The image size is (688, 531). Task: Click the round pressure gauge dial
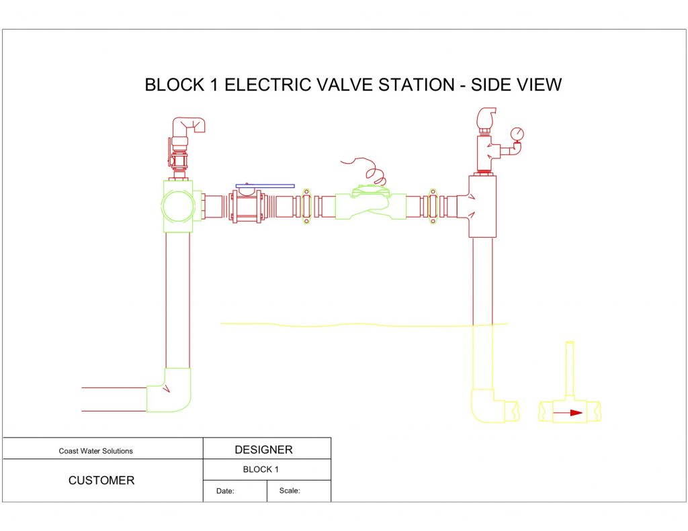[517, 134]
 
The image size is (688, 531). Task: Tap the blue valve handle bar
[265, 186]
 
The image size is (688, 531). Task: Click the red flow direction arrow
[567, 413]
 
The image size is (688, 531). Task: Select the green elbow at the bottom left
[169, 390]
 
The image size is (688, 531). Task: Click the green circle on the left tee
[177, 205]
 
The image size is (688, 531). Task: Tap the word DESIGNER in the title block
[263, 450]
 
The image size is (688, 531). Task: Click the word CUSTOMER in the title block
[101, 480]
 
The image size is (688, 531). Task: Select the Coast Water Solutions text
[95, 450]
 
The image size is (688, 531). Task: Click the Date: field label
[225, 491]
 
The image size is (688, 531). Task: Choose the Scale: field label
[290, 491]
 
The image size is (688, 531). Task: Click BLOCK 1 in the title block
[261, 469]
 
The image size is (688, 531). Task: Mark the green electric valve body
[371, 204]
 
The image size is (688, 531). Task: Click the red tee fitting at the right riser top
[482, 206]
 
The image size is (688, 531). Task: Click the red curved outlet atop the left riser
[189, 126]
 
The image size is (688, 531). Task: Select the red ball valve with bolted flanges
[247, 205]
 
